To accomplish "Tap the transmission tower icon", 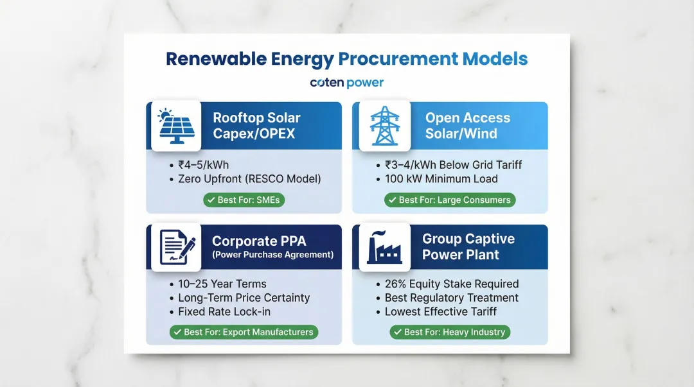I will (385, 126).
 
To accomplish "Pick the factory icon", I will (385, 248).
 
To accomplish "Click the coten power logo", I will (346, 83).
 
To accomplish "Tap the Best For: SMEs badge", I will (244, 200).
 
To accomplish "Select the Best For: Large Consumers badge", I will (450, 200).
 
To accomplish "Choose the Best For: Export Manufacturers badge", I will (244, 332).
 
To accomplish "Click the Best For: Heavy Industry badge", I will (450, 332).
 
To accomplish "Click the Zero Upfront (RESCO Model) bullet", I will (249, 179).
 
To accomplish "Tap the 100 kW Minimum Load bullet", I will (441, 179).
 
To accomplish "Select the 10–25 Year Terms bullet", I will (222, 284).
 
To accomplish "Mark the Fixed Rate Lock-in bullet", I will (224, 312).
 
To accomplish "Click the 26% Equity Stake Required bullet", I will (451, 284).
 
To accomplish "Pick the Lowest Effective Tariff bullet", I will (440, 312).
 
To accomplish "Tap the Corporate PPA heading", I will (259, 241).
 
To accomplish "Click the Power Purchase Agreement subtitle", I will (273, 255).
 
